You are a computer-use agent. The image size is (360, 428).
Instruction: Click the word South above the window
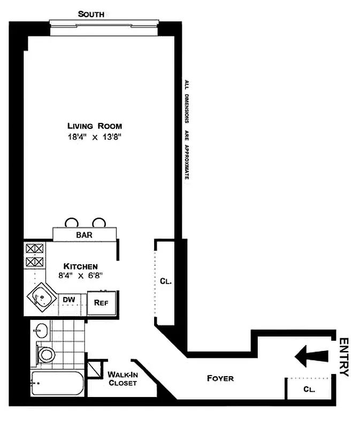pyautogui.click(x=91, y=14)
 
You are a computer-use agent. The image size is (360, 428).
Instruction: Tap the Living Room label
pyautogui.click(x=94, y=126)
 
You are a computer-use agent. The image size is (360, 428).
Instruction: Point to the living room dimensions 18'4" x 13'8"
pyautogui.click(x=94, y=137)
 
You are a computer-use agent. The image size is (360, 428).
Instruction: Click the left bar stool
pyautogui.click(x=72, y=223)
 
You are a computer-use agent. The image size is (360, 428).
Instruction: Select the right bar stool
pyautogui.click(x=98, y=223)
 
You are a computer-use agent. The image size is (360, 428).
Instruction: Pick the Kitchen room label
pyautogui.click(x=80, y=266)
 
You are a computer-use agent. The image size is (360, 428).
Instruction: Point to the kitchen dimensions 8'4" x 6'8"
pyautogui.click(x=80, y=276)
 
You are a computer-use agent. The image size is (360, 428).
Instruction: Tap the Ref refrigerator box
pyautogui.click(x=102, y=302)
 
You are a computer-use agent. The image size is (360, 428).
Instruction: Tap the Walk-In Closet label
pyautogui.click(x=122, y=379)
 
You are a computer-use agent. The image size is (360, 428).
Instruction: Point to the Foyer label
pyautogui.click(x=220, y=378)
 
